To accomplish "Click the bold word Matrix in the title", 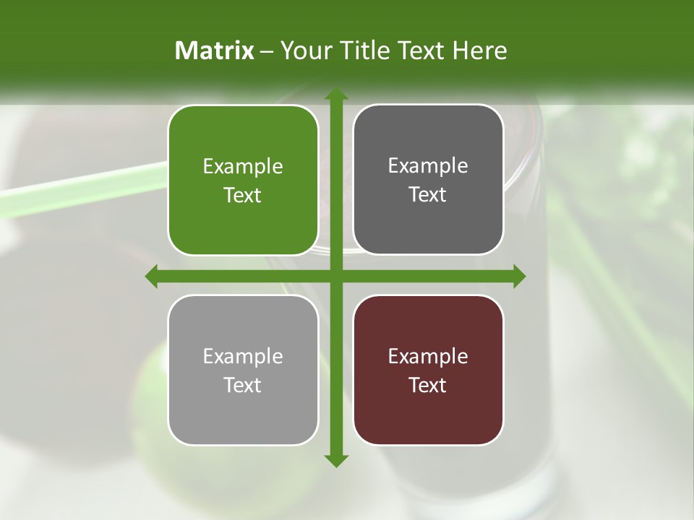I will click(x=215, y=51).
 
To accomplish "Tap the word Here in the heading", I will click(x=479, y=51).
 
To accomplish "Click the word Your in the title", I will click(x=303, y=51).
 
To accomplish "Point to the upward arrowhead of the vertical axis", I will click(x=335, y=95).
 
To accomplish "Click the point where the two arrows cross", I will click(x=335, y=276).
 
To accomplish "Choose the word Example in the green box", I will click(x=243, y=167).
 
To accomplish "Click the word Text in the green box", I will click(x=243, y=196).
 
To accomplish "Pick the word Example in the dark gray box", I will click(x=428, y=166).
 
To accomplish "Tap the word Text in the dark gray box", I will click(x=428, y=195).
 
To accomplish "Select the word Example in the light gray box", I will click(x=243, y=357).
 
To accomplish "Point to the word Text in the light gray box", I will click(x=243, y=386).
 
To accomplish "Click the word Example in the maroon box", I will click(x=428, y=357).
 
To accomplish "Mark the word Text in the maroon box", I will click(x=428, y=386).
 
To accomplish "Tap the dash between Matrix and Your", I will click(x=267, y=51).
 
